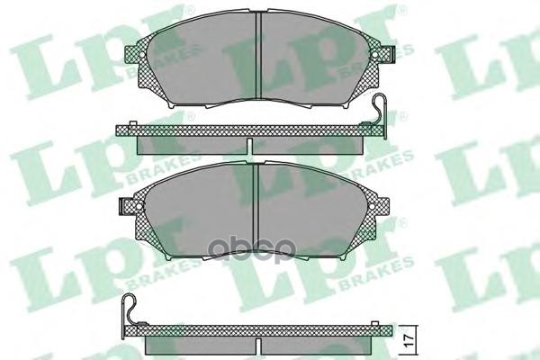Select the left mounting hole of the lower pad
point(120,207)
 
